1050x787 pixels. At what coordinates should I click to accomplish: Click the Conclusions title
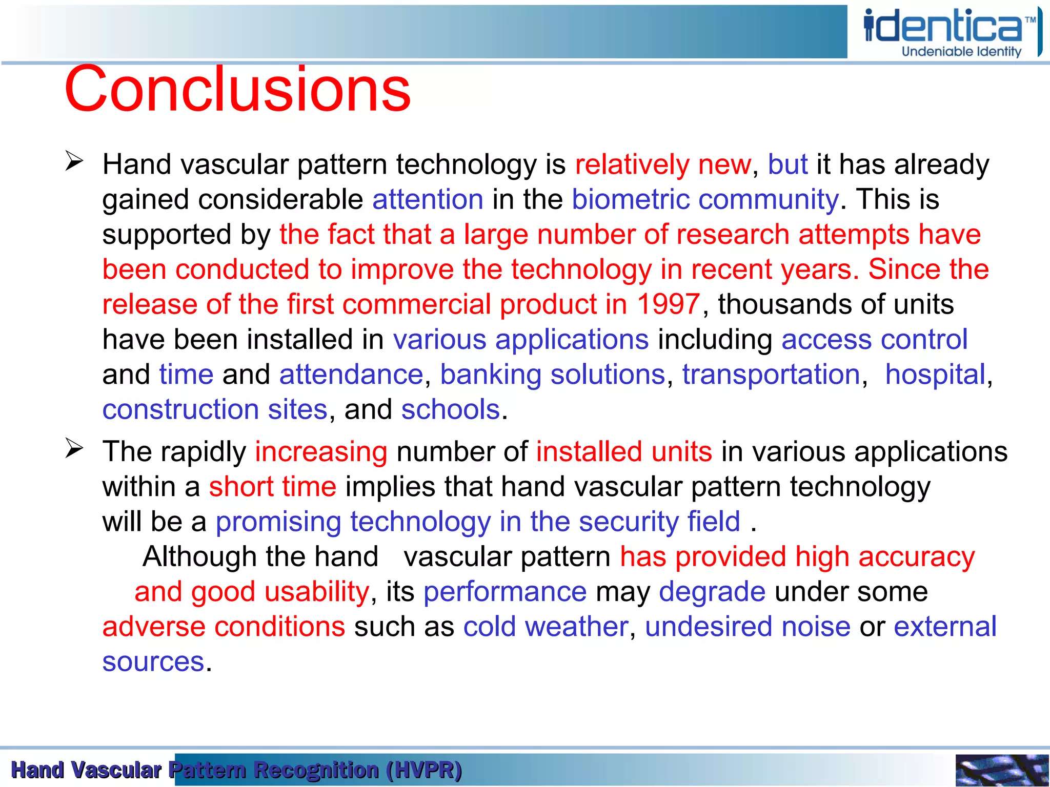237,90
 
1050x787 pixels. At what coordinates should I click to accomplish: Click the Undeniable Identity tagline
961,52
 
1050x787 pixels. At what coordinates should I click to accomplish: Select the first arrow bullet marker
74,161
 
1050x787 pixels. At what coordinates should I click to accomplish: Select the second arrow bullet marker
74,449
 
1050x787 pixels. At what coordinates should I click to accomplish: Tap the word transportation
771,375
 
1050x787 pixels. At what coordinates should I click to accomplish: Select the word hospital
935,375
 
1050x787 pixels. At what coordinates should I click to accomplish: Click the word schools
450,410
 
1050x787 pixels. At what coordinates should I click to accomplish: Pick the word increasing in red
321,452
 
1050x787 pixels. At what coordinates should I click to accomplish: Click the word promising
278,522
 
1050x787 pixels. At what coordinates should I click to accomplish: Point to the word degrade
712,592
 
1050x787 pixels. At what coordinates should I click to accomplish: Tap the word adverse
153,627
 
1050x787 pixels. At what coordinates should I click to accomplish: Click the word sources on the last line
153,662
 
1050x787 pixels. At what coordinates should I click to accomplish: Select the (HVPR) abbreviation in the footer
424,770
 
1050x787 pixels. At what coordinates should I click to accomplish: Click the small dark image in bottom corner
1001,770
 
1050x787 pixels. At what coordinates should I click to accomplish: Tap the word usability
317,592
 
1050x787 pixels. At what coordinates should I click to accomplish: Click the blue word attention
428,199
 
